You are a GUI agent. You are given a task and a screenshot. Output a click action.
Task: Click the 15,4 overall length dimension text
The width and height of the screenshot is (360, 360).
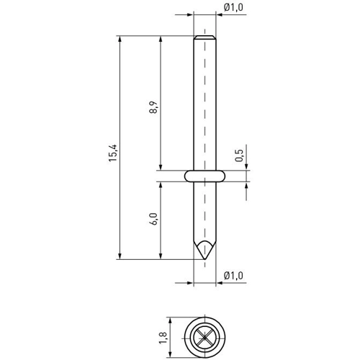(113, 153)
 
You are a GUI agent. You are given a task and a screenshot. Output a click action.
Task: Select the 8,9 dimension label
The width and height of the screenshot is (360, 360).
(153, 107)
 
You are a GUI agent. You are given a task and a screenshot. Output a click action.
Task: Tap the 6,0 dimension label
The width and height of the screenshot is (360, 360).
(153, 219)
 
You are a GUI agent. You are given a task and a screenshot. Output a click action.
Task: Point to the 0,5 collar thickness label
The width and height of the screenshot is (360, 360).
(239, 156)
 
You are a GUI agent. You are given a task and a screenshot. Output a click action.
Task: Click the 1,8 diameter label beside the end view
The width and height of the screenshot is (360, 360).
(163, 338)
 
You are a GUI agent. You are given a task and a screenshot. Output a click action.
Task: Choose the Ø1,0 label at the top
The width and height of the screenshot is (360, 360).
(233, 7)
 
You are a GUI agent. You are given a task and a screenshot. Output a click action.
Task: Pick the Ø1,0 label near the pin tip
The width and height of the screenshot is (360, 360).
(233, 276)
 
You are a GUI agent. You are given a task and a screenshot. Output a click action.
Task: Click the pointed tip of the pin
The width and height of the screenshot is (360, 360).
(204, 259)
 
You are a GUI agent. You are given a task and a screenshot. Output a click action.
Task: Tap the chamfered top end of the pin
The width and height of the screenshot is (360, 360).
(204, 37)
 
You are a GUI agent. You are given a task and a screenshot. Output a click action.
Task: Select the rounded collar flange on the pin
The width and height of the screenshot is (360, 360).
(204, 176)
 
